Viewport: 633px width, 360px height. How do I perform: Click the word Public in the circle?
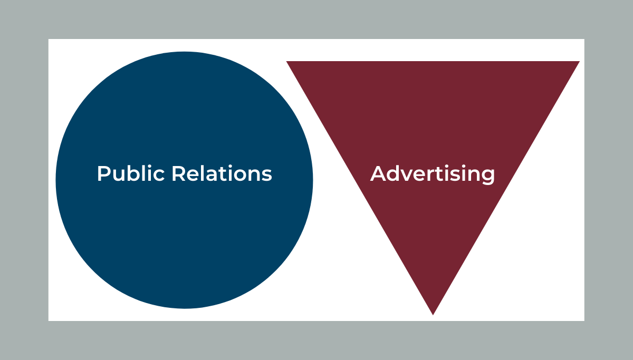(x=131, y=173)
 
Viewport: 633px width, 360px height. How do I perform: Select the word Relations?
(x=222, y=173)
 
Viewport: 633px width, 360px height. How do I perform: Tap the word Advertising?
(x=433, y=174)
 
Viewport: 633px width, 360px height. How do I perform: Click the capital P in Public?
(x=103, y=173)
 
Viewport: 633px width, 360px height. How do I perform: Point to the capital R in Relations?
(x=178, y=173)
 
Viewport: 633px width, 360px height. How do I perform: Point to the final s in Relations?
(x=267, y=176)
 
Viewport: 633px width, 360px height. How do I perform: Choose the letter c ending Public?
(x=159, y=176)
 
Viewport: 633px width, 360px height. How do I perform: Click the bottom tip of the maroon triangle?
(x=433, y=315)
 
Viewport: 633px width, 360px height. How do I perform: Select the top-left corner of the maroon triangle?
(x=286, y=61)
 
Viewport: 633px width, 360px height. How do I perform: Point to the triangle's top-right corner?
(x=580, y=61)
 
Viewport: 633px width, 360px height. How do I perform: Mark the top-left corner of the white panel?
(x=49, y=39)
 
